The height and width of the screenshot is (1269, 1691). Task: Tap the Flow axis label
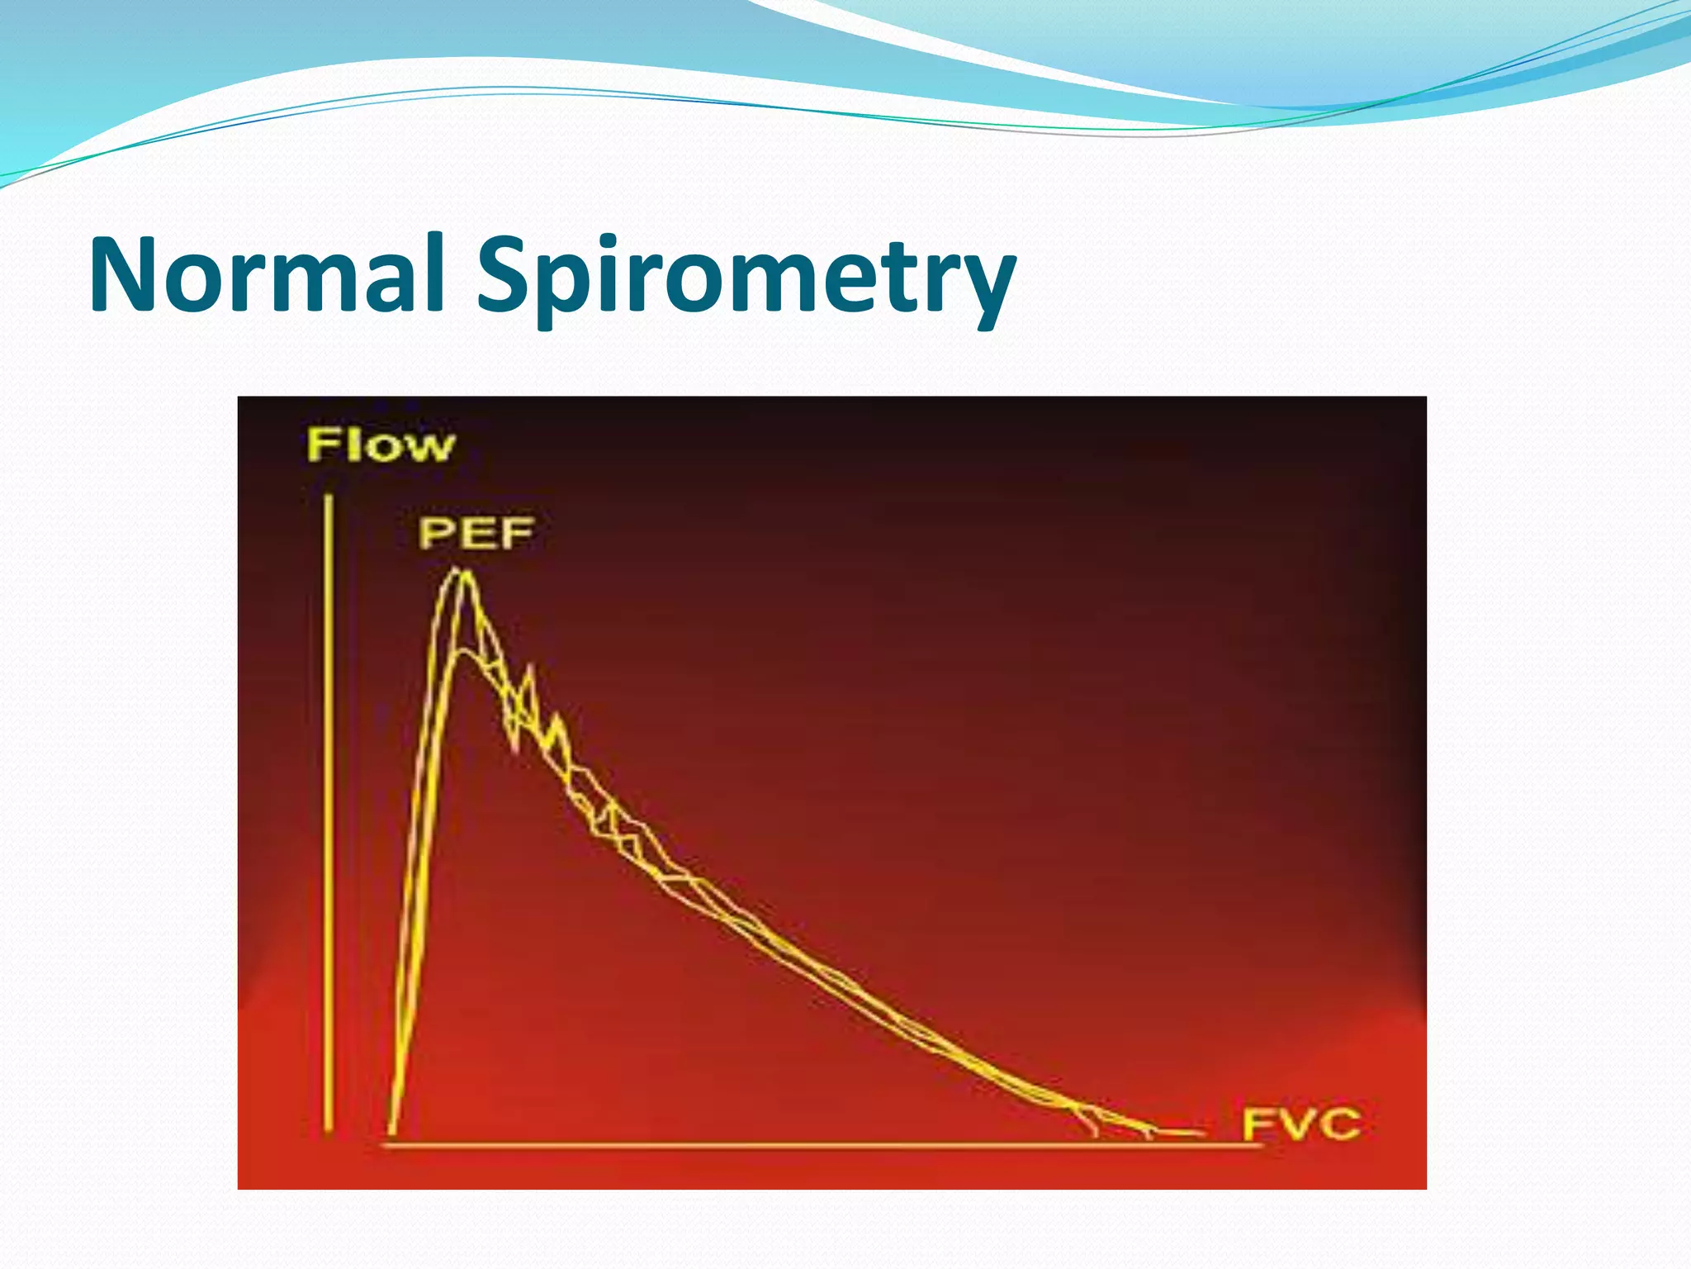(x=381, y=445)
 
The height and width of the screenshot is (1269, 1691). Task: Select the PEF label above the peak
(x=476, y=533)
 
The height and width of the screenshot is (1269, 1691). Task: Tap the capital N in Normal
(x=124, y=274)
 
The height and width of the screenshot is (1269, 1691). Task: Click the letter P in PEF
(x=435, y=533)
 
